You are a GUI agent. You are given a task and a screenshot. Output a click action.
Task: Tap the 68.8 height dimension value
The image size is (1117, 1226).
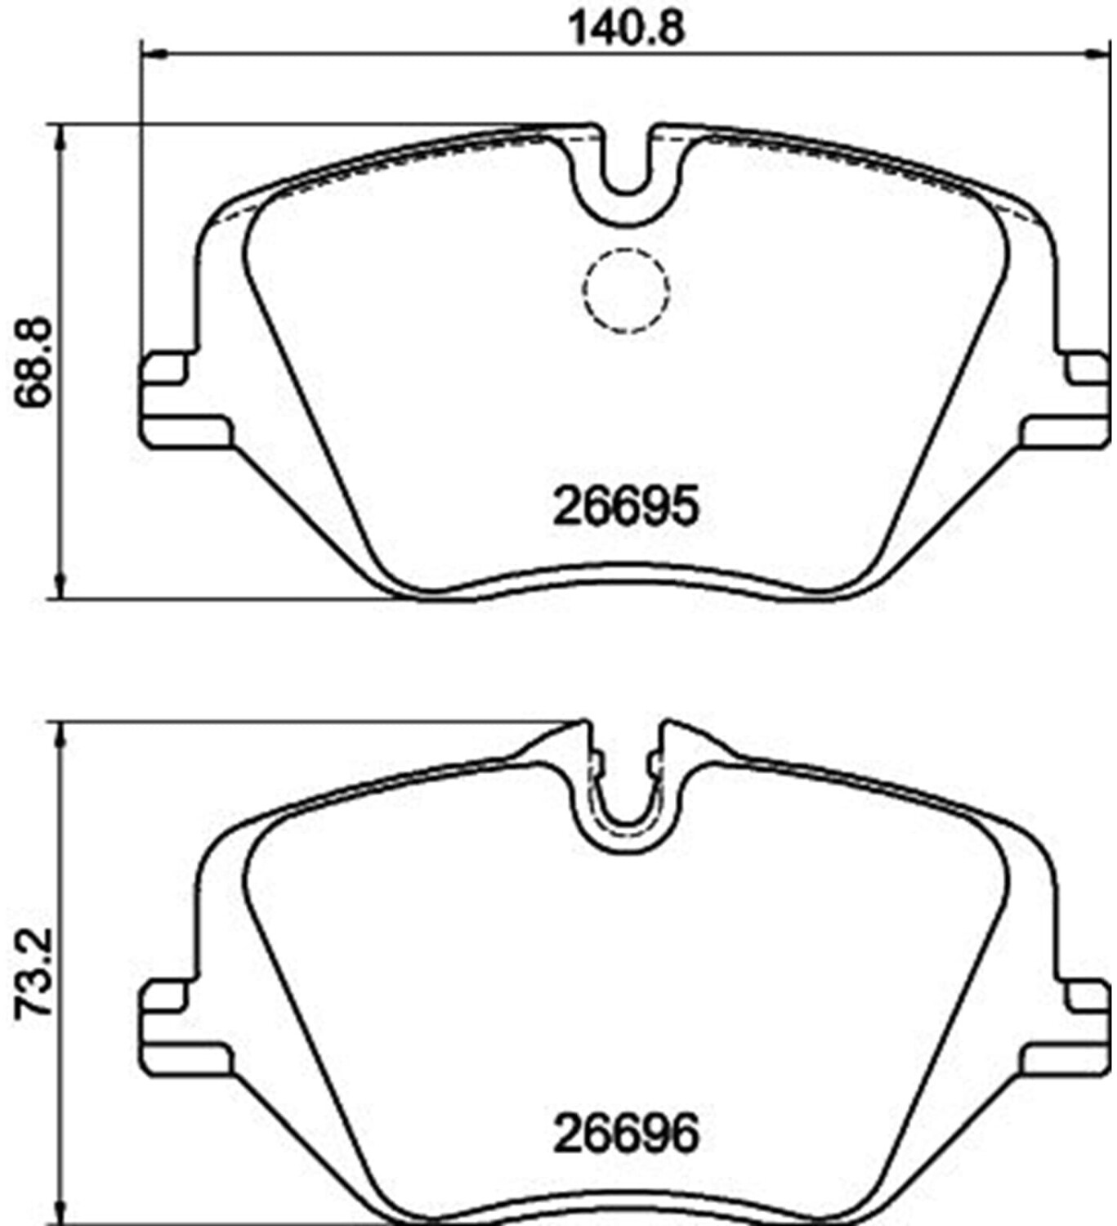(x=33, y=361)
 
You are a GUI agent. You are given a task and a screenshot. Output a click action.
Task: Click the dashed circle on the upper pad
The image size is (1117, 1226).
(x=625, y=291)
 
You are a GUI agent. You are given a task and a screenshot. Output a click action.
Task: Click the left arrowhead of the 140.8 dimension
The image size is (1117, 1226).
(x=154, y=55)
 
